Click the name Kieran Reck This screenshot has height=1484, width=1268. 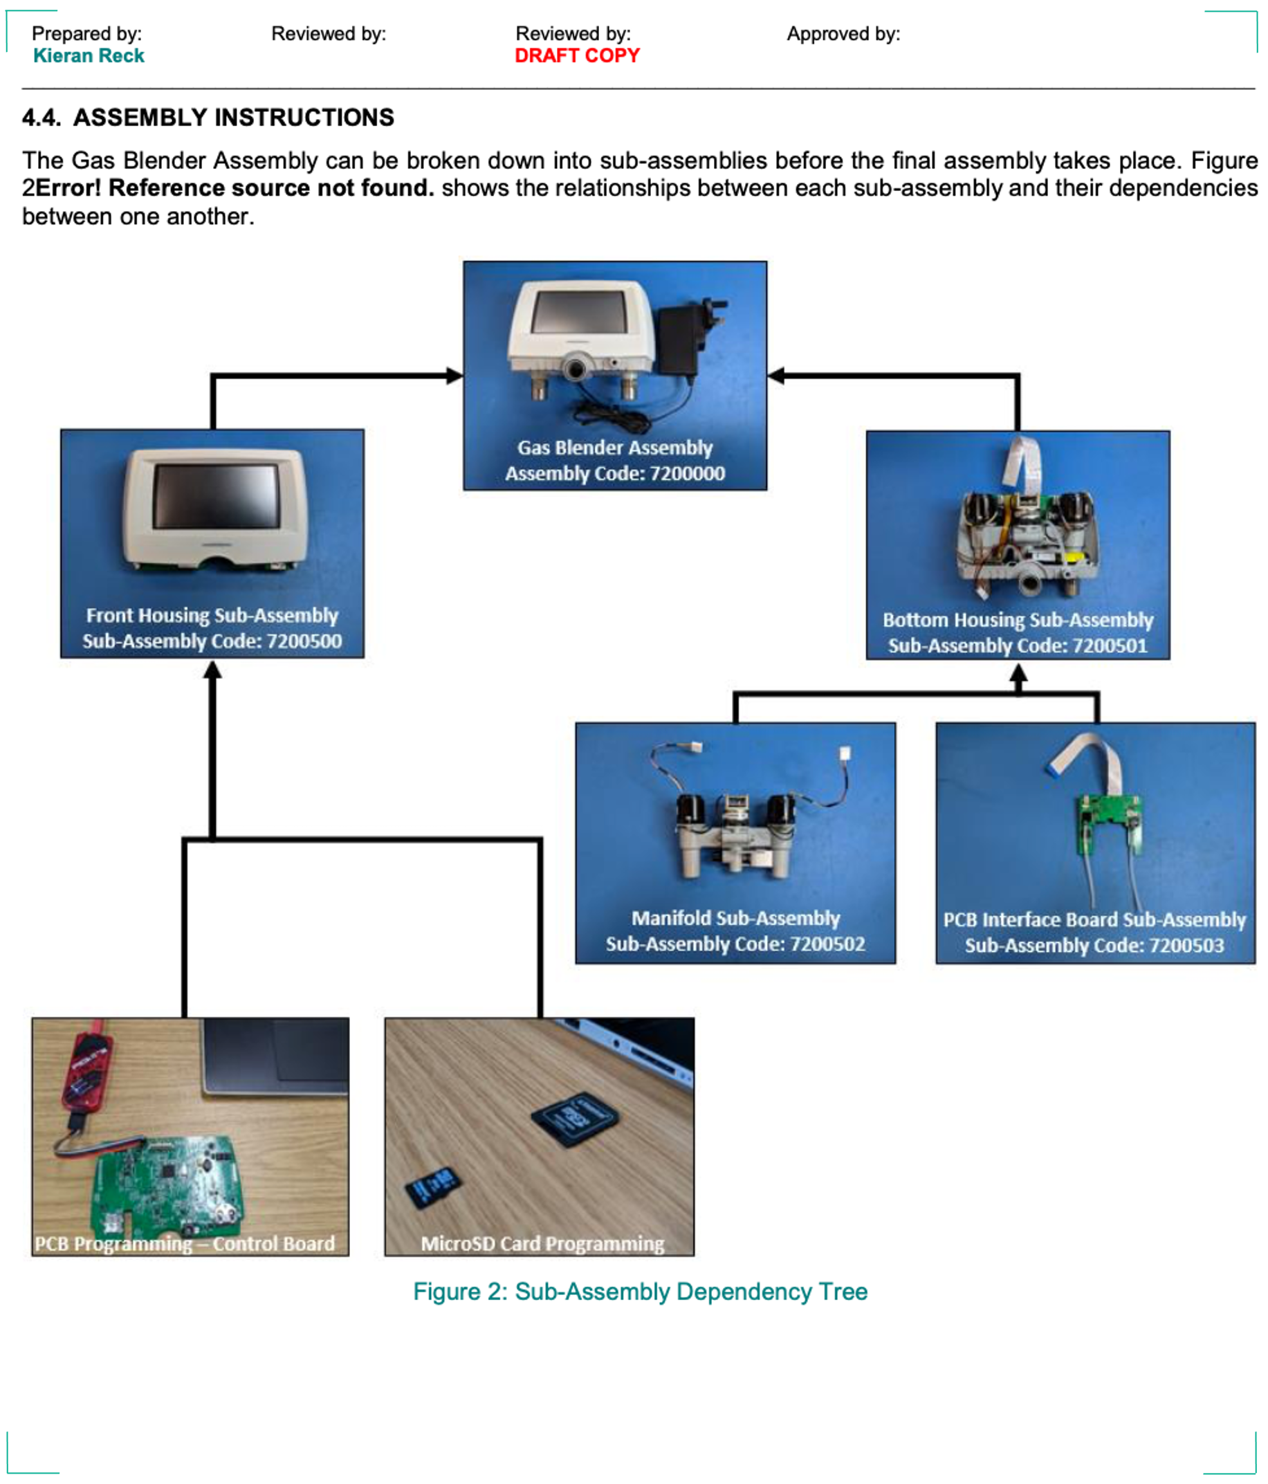click(89, 56)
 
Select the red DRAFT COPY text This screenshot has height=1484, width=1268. click(577, 56)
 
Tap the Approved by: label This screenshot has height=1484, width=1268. click(843, 34)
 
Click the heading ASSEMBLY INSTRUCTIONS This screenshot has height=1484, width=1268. click(233, 118)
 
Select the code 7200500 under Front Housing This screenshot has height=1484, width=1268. click(304, 641)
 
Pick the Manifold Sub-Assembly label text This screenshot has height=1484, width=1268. click(735, 918)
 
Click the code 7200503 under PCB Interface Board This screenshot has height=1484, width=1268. click(1186, 946)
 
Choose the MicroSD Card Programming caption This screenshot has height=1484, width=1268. click(542, 1244)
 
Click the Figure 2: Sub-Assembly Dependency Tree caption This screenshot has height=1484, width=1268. click(640, 1292)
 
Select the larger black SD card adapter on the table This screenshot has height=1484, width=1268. click(575, 1119)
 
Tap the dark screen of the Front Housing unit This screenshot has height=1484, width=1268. click(216, 495)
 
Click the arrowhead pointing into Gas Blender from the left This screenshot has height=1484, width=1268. click(454, 375)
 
